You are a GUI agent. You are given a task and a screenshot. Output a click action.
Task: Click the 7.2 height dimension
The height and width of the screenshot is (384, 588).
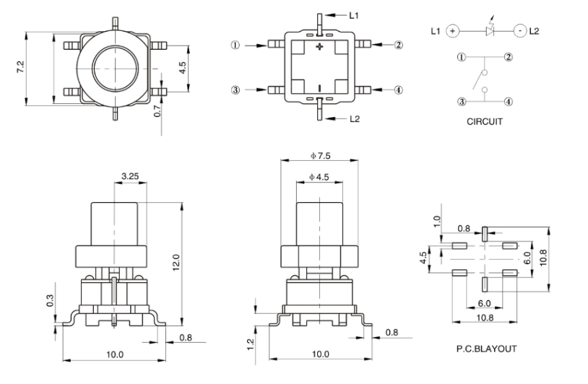point(20,66)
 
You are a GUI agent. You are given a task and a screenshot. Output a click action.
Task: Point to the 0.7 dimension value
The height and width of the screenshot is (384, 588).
point(158,112)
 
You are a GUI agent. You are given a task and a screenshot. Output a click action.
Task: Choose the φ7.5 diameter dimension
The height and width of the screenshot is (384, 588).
point(320,156)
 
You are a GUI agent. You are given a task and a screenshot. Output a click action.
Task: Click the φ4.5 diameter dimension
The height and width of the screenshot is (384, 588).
point(320,178)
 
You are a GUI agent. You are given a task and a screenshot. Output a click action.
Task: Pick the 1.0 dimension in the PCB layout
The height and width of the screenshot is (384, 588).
point(436,220)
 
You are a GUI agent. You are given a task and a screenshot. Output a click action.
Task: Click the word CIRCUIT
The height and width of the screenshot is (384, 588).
point(484,122)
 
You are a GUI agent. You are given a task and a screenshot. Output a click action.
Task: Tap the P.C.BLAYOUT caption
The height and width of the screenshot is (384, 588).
point(486,349)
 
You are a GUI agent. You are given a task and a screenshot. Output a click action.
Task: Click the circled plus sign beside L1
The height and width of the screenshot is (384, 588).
point(452,31)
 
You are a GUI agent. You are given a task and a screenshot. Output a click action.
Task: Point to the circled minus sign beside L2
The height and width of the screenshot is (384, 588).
point(520,31)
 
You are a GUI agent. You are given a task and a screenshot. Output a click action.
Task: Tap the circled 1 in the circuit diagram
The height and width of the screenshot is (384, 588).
point(459,57)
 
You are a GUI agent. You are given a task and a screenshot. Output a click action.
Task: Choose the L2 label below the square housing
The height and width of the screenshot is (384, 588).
point(354,118)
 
